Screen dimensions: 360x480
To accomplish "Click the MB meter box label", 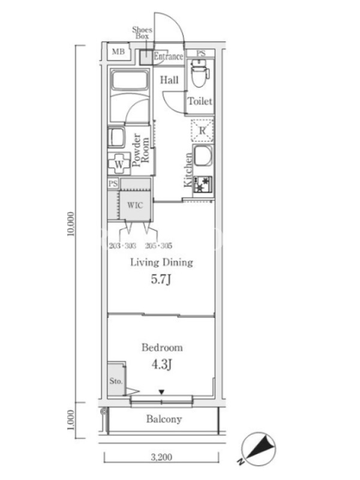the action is coord(118,52).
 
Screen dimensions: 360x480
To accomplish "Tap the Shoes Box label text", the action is coord(142,33).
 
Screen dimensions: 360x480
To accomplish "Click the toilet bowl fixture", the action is coord(200,73).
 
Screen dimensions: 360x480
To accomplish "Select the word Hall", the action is coord(169,80).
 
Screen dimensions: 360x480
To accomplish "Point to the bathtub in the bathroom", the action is coord(130,80).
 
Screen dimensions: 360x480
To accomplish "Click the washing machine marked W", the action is coord(119,164).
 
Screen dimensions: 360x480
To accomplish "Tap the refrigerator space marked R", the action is coord(202,130).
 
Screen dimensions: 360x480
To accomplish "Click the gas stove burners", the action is coord(203,184).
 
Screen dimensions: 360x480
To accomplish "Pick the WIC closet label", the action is coord(135,205).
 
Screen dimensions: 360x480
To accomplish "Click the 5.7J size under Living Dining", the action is coord(161,279).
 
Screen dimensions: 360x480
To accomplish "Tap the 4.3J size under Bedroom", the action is coord(161,364).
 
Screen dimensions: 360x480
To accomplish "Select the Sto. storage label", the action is coord(116,381).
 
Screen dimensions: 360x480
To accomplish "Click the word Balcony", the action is coord(164,419).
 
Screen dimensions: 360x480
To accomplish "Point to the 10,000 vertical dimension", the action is coord(71,224).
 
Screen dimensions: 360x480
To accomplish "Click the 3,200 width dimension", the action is coord(161,457).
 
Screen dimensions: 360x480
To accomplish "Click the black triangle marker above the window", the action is coord(161,392).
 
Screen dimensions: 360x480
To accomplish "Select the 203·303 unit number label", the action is coord(122,245).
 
